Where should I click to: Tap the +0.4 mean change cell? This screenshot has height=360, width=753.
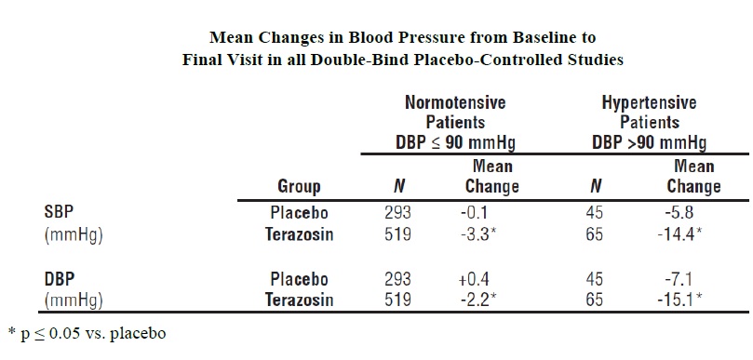475,279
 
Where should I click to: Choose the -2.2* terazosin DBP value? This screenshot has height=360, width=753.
477,300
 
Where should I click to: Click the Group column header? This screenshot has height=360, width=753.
299,186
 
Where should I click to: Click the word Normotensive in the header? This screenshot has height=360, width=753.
455,102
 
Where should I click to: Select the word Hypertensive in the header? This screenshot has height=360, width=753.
650,102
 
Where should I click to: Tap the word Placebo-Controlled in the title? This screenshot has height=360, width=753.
503,60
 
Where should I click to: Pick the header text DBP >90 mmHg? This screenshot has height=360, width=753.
650,142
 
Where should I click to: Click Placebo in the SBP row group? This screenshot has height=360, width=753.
299,212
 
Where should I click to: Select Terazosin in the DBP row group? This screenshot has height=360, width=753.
299,300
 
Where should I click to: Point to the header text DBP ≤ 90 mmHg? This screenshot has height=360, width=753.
455,142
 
